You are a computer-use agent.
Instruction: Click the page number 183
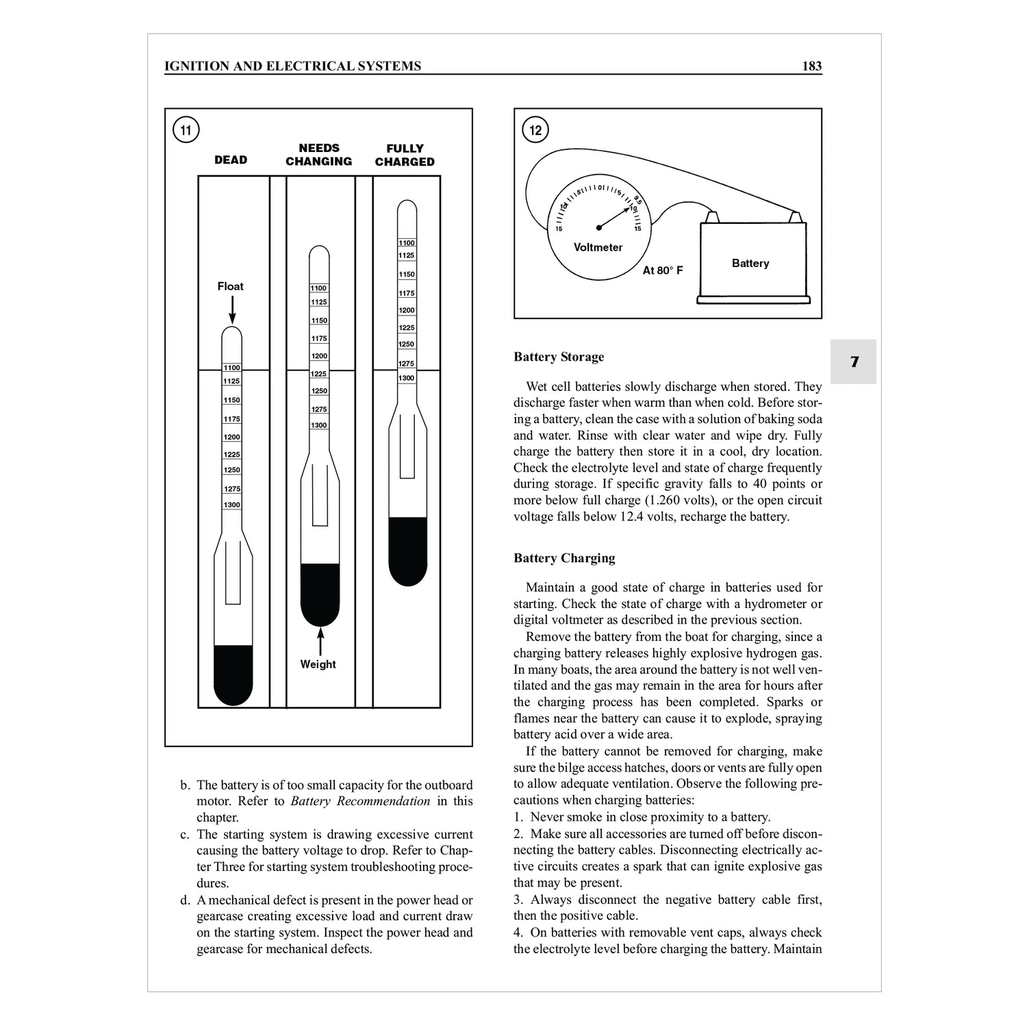coord(811,66)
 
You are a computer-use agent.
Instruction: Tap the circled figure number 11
coord(186,129)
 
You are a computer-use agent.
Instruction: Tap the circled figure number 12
coord(535,129)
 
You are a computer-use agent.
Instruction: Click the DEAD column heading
coord(231,160)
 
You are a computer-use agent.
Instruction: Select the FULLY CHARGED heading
coord(405,155)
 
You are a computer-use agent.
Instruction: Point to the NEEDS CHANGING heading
coord(319,155)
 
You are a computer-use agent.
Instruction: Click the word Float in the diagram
coord(230,286)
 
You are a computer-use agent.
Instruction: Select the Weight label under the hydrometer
coord(318,664)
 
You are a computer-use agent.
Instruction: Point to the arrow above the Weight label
coord(320,642)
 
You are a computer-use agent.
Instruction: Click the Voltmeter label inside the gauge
coord(598,247)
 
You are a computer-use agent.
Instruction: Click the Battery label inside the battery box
coord(750,264)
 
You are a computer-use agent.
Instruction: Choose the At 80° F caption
coord(663,270)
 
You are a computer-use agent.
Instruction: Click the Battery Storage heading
coord(559,357)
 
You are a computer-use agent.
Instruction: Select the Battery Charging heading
coord(564,558)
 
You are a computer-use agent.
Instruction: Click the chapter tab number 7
coord(854,362)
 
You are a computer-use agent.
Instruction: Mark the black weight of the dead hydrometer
coord(233,674)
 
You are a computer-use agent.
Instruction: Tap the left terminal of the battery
coord(712,217)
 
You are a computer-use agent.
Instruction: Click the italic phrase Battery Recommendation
coord(361,801)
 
